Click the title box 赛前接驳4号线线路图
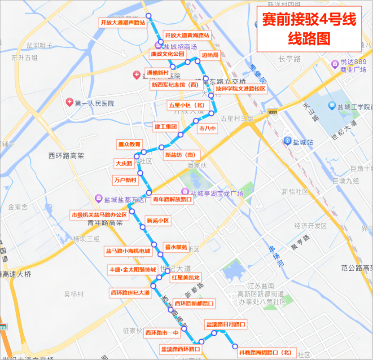click(x=309, y=29)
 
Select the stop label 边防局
click(x=210, y=55)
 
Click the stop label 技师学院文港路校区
click(x=241, y=89)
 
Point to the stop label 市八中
click(x=208, y=128)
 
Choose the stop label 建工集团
click(x=166, y=127)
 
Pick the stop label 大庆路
click(x=124, y=163)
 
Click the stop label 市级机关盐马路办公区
click(x=100, y=215)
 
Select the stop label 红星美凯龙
click(x=185, y=277)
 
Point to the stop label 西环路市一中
click(x=162, y=333)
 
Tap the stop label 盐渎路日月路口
click(x=226, y=324)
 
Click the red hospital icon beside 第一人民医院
click(x=70, y=103)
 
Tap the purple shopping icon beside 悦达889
click(x=335, y=65)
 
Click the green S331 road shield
click(x=272, y=111)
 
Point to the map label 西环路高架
click(x=66, y=156)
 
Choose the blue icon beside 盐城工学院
click(x=332, y=105)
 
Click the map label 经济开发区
click(x=310, y=225)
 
